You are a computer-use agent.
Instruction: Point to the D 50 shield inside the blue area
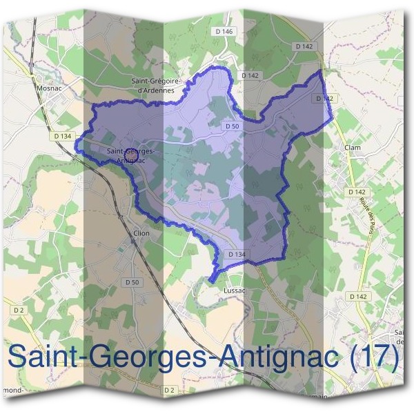click(232, 126)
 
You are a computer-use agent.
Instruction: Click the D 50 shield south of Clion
click(132, 282)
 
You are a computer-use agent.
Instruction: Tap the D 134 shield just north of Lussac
click(236, 255)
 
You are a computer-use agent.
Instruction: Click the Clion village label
click(141, 233)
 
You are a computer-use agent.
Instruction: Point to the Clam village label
click(352, 148)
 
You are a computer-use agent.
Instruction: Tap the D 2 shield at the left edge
click(19, 310)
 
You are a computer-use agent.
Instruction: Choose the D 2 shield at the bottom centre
click(169, 391)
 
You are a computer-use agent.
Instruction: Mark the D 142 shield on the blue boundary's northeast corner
click(325, 99)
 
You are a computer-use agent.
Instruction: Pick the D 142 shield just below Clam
click(357, 192)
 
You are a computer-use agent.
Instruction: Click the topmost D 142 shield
click(303, 47)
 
